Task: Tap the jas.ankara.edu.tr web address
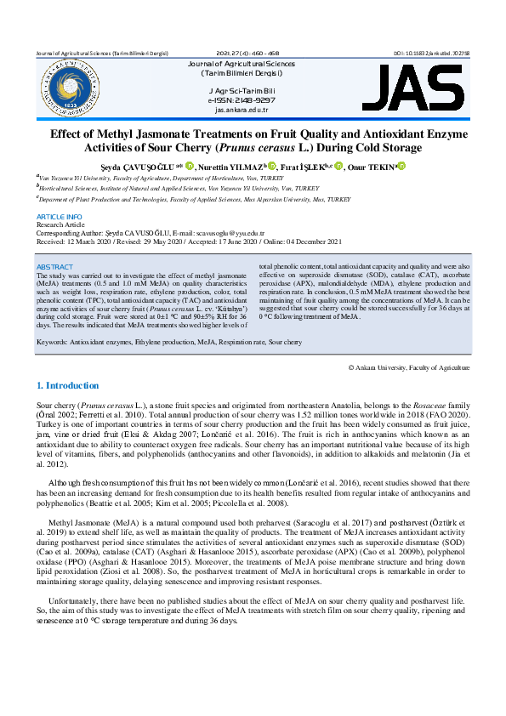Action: [242, 110]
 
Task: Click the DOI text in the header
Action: [432, 53]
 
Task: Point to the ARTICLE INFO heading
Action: [60, 218]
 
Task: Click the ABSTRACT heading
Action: [55, 267]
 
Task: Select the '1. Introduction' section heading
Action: [69, 385]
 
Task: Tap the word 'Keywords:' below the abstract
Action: [53, 341]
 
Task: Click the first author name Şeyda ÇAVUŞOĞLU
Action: [148, 168]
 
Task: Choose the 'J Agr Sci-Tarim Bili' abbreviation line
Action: [242, 91]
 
